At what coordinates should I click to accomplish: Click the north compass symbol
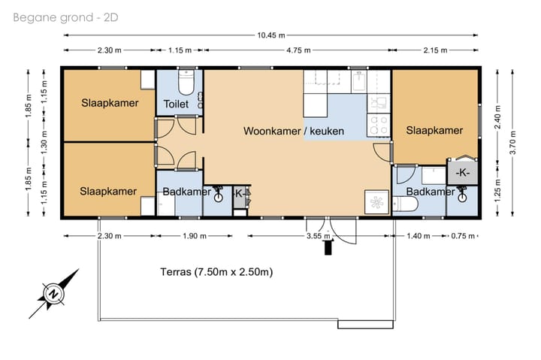coord(53,294)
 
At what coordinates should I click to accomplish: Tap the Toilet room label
coord(176,104)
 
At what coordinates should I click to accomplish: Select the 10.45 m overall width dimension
coord(271,35)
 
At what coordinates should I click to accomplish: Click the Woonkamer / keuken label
coord(294,132)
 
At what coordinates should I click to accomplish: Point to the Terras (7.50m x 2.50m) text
coord(216,272)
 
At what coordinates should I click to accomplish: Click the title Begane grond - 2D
coord(65,17)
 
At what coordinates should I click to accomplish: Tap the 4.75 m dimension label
coord(298,50)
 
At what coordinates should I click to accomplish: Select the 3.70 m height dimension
coord(512,143)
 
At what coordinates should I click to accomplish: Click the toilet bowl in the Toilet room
coord(186,83)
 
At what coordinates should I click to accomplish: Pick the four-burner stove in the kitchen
coord(379,125)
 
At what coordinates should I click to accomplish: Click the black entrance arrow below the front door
coord(328,247)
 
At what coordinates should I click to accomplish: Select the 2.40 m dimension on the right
coord(497,116)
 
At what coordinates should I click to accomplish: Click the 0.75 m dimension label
coord(463,236)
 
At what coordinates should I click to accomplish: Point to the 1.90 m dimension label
coord(195,236)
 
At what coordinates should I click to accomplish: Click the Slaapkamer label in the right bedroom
coord(434,130)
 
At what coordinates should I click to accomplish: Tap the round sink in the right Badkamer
coord(461,198)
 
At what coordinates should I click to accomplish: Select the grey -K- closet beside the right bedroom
coord(463,172)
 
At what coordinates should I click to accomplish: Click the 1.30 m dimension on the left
coord(44,143)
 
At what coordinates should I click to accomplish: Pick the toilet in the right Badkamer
coord(406,204)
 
